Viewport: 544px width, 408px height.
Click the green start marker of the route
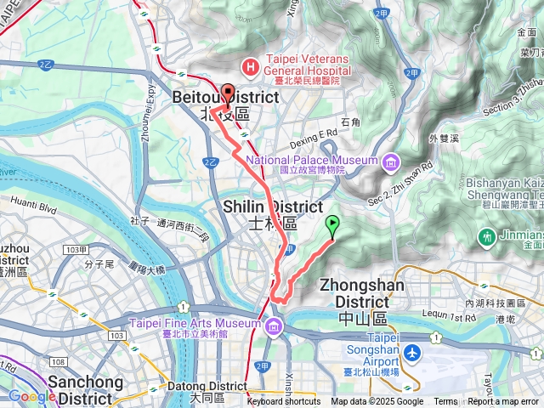[x=331, y=225]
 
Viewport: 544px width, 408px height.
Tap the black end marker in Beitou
[x=227, y=93]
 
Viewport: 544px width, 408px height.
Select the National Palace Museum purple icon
[x=390, y=161]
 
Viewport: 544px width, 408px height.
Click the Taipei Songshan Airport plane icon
[x=412, y=351]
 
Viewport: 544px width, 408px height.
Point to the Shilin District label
[x=273, y=214]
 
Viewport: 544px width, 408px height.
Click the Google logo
[x=31, y=396]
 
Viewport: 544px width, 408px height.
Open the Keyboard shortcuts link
[x=284, y=402]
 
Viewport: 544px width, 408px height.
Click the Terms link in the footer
[x=445, y=402]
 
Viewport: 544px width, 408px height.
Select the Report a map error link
[x=504, y=402]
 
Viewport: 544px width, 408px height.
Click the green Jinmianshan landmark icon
[x=487, y=235]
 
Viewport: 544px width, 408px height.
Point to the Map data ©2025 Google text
[x=377, y=402]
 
